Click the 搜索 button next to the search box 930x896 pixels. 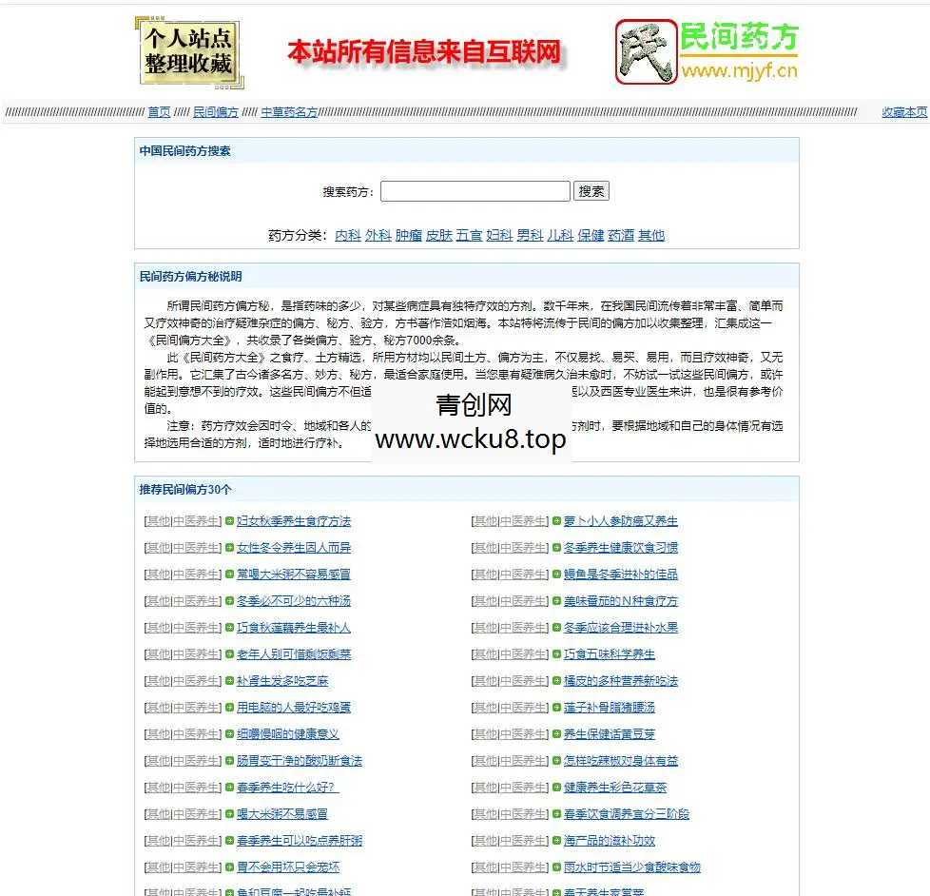click(591, 191)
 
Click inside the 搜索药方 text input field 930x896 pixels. click(475, 191)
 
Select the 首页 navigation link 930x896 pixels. click(159, 112)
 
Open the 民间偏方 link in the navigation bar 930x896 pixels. click(216, 112)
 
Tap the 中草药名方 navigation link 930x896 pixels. click(289, 112)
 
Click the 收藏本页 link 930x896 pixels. click(904, 112)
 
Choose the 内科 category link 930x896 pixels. click(348, 235)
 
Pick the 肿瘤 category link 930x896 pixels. click(408, 235)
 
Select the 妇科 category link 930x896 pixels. click(499, 235)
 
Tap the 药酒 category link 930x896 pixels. click(621, 235)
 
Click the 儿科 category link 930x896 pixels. click(560, 235)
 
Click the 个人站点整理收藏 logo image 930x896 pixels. click(186, 52)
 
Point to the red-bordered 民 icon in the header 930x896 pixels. click(646, 52)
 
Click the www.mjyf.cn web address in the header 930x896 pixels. click(739, 70)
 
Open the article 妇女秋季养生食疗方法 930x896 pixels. click(294, 521)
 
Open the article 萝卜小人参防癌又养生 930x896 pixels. click(621, 521)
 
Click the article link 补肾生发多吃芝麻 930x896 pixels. click(282, 681)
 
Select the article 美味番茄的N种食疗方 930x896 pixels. click(621, 601)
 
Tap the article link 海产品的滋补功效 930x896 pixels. click(610, 841)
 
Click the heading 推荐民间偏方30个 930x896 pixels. click(185, 490)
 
